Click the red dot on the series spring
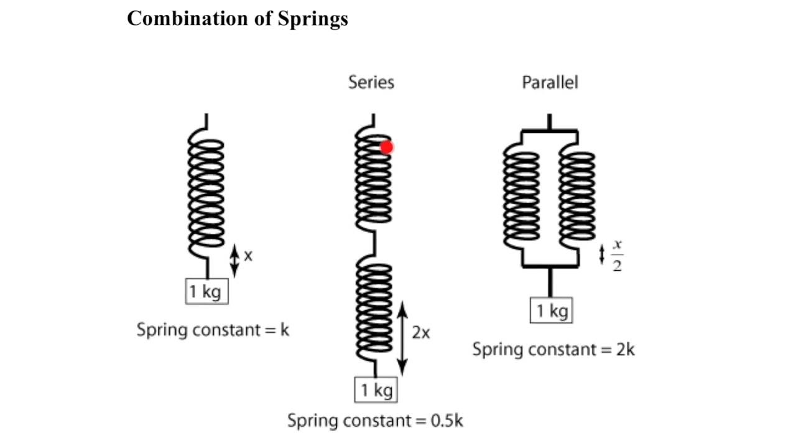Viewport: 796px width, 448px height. [387, 147]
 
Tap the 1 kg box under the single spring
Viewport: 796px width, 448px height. [206, 291]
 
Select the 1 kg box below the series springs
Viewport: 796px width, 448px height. [376, 390]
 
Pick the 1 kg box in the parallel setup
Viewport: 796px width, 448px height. [551, 310]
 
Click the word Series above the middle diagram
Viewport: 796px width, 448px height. [371, 82]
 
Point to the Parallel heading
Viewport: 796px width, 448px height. [550, 82]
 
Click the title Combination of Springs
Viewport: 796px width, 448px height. [238, 19]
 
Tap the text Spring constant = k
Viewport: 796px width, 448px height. [213, 330]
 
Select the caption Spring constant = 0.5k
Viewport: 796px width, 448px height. [375, 421]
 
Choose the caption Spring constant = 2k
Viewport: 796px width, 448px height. [553, 349]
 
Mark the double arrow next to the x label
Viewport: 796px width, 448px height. [234, 260]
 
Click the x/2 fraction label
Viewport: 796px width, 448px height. [617, 255]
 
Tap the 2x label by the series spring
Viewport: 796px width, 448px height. [421, 333]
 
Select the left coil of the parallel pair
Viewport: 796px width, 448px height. [521, 199]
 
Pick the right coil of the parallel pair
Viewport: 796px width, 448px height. [576, 199]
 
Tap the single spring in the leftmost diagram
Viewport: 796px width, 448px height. [206, 193]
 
